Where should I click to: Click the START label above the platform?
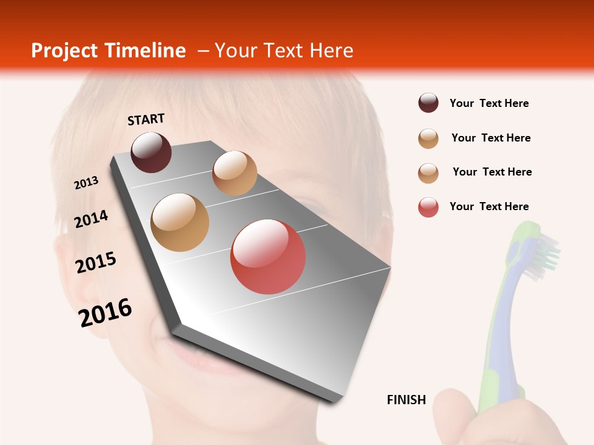click(146, 119)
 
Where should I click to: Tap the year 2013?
click(87, 183)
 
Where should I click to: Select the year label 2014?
click(91, 219)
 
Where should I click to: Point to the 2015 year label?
click(96, 262)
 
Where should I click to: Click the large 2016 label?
click(105, 312)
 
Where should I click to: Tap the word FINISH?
click(407, 400)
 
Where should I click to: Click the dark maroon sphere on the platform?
click(151, 152)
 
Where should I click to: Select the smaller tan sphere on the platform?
click(235, 173)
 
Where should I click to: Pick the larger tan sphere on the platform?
click(180, 222)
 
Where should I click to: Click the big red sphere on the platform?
click(268, 256)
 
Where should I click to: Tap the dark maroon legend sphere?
click(428, 103)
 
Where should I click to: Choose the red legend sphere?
click(428, 207)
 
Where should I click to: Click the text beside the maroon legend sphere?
click(489, 103)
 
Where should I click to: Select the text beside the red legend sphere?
click(489, 206)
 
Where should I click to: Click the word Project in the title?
click(63, 51)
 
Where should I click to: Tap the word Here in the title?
click(331, 51)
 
